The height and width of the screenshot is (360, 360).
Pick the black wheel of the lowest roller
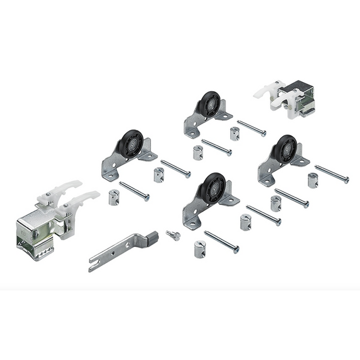coord(213,188)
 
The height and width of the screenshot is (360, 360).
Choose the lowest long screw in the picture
coord(222,242)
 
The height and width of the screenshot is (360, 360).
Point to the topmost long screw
coord(251,128)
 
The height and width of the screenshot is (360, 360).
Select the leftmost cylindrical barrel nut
coord(114,198)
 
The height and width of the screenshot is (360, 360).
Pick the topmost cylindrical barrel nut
coord(235,134)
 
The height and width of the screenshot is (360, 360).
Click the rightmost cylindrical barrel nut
coord(313,181)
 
